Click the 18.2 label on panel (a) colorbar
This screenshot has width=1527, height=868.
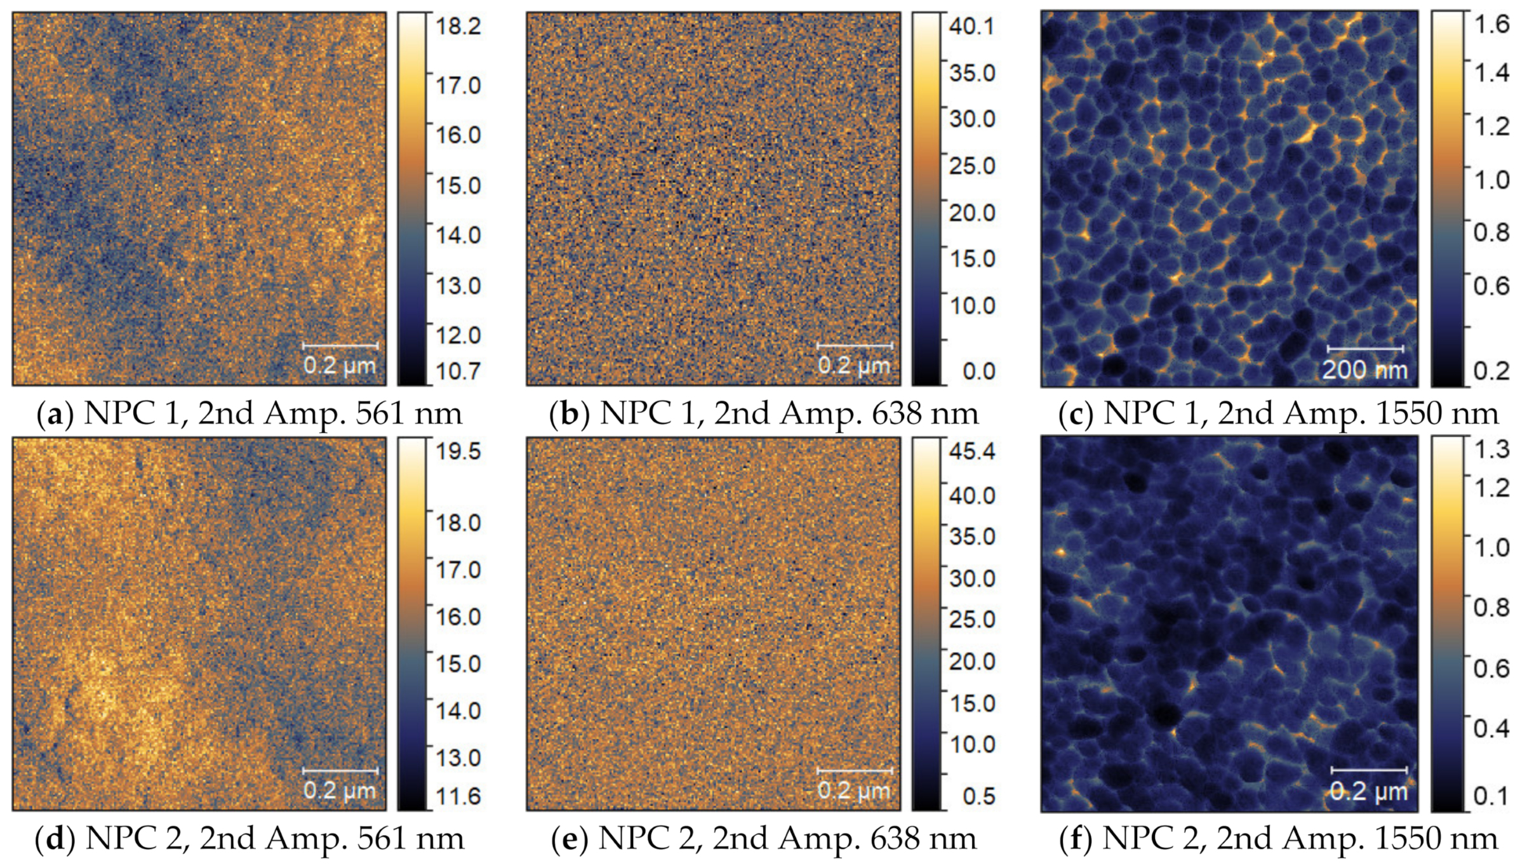[x=457, y=27]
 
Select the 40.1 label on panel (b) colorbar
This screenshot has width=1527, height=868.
[x=972, y=27]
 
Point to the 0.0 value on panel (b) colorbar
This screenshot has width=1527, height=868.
[x=979, y=371]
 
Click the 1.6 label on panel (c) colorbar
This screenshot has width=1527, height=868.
[x=1491, y=24]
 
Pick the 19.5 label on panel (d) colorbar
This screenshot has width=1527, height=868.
[x=457, y=451]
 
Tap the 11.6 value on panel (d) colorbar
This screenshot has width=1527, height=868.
[x=457, y=796]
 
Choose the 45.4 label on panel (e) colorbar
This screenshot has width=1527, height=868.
[x=972, y=451]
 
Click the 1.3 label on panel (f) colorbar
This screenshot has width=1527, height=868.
[x=1491, y=449]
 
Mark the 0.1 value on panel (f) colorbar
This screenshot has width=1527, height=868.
[x=1491, y=795]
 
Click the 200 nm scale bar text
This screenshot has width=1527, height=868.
[x=1364, y=369]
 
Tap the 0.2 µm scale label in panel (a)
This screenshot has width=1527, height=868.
[x=340, y=366]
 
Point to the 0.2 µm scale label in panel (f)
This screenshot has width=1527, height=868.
[x=1369, y=791]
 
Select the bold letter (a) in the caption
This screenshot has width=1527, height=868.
[x=55, y=414]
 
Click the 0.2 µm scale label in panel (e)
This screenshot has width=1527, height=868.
[x=854, y=791]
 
